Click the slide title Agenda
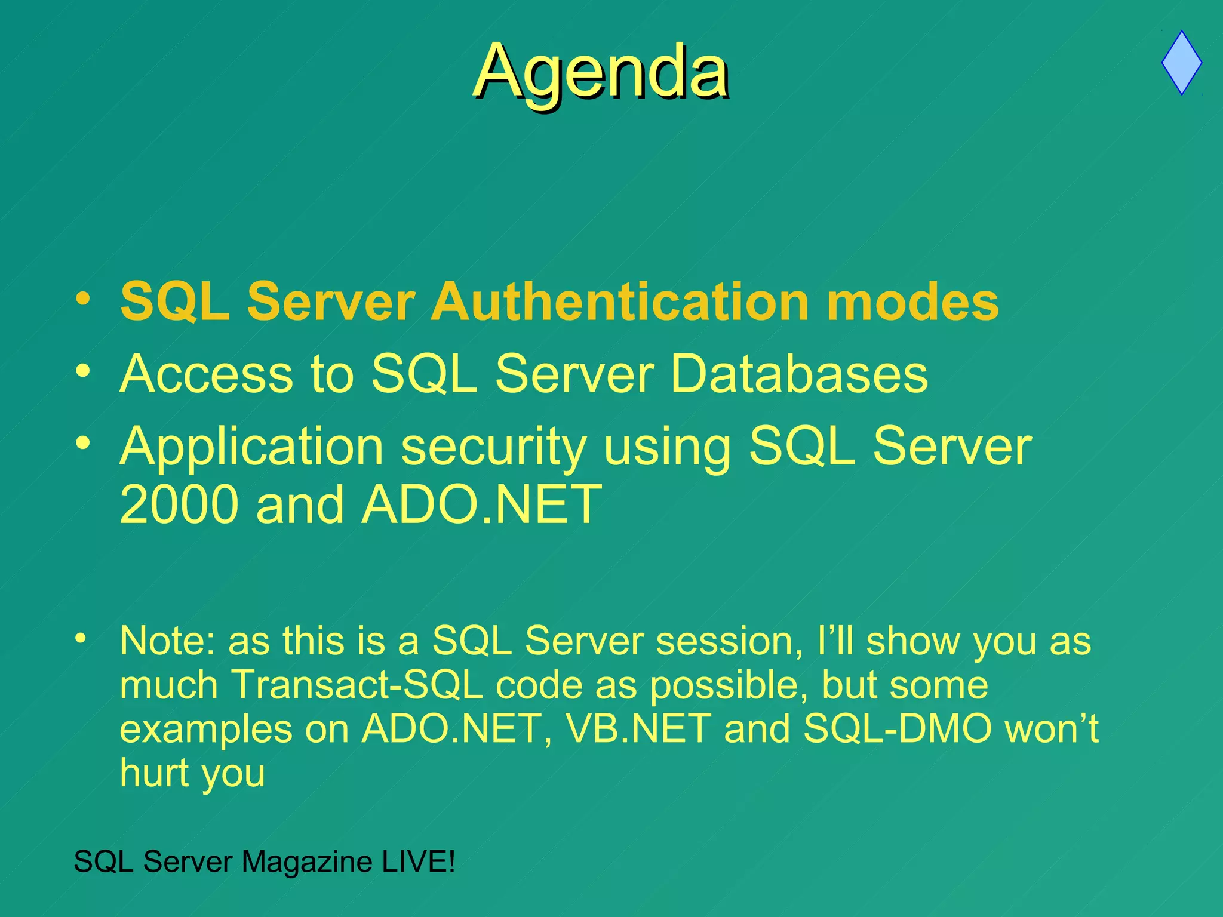tap(601, 72)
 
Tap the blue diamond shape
tap(1181, 63)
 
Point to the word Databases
tap(799, 374)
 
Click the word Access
tap(206, 374)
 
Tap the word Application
tap(251, 447)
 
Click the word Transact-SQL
tap(357, 685)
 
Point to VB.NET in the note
tap(638, 729)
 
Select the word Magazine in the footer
tap(307, 861)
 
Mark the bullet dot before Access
tap(83, 371)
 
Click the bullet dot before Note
tap(80, 638)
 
